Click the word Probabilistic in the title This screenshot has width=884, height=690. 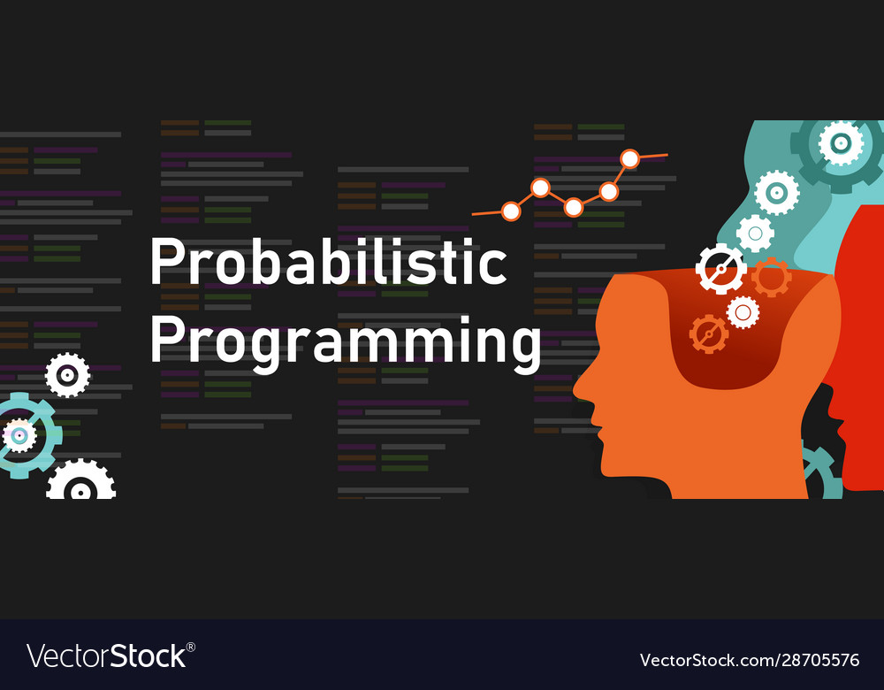(x=328, y=263)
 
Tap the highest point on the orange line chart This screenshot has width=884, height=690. (x=629, y=158)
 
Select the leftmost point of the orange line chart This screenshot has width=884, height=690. (x=510, y=211)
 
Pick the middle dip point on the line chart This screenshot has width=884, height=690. (x=573, y=207)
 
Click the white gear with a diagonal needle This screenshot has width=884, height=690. (x=720, y=269)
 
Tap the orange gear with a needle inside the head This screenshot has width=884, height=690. (x=708, y=333)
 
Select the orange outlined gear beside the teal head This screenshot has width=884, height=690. (x=771, y=278)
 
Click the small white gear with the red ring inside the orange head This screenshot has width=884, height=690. (x=743, y=311)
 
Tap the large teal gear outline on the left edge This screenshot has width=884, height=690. (x=22, y=435)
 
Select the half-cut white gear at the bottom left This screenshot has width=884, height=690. (x=80, y=481)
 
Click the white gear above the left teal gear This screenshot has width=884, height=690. (x=67, y=375)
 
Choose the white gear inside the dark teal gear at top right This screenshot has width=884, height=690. (x=840, y=142)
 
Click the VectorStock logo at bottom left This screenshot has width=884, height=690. (x=110, y=655)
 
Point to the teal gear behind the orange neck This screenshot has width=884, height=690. (x=822, y=473)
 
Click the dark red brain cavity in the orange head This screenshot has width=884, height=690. (x=743, y=354)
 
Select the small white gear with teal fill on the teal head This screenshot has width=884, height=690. (x=755, y=233)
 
